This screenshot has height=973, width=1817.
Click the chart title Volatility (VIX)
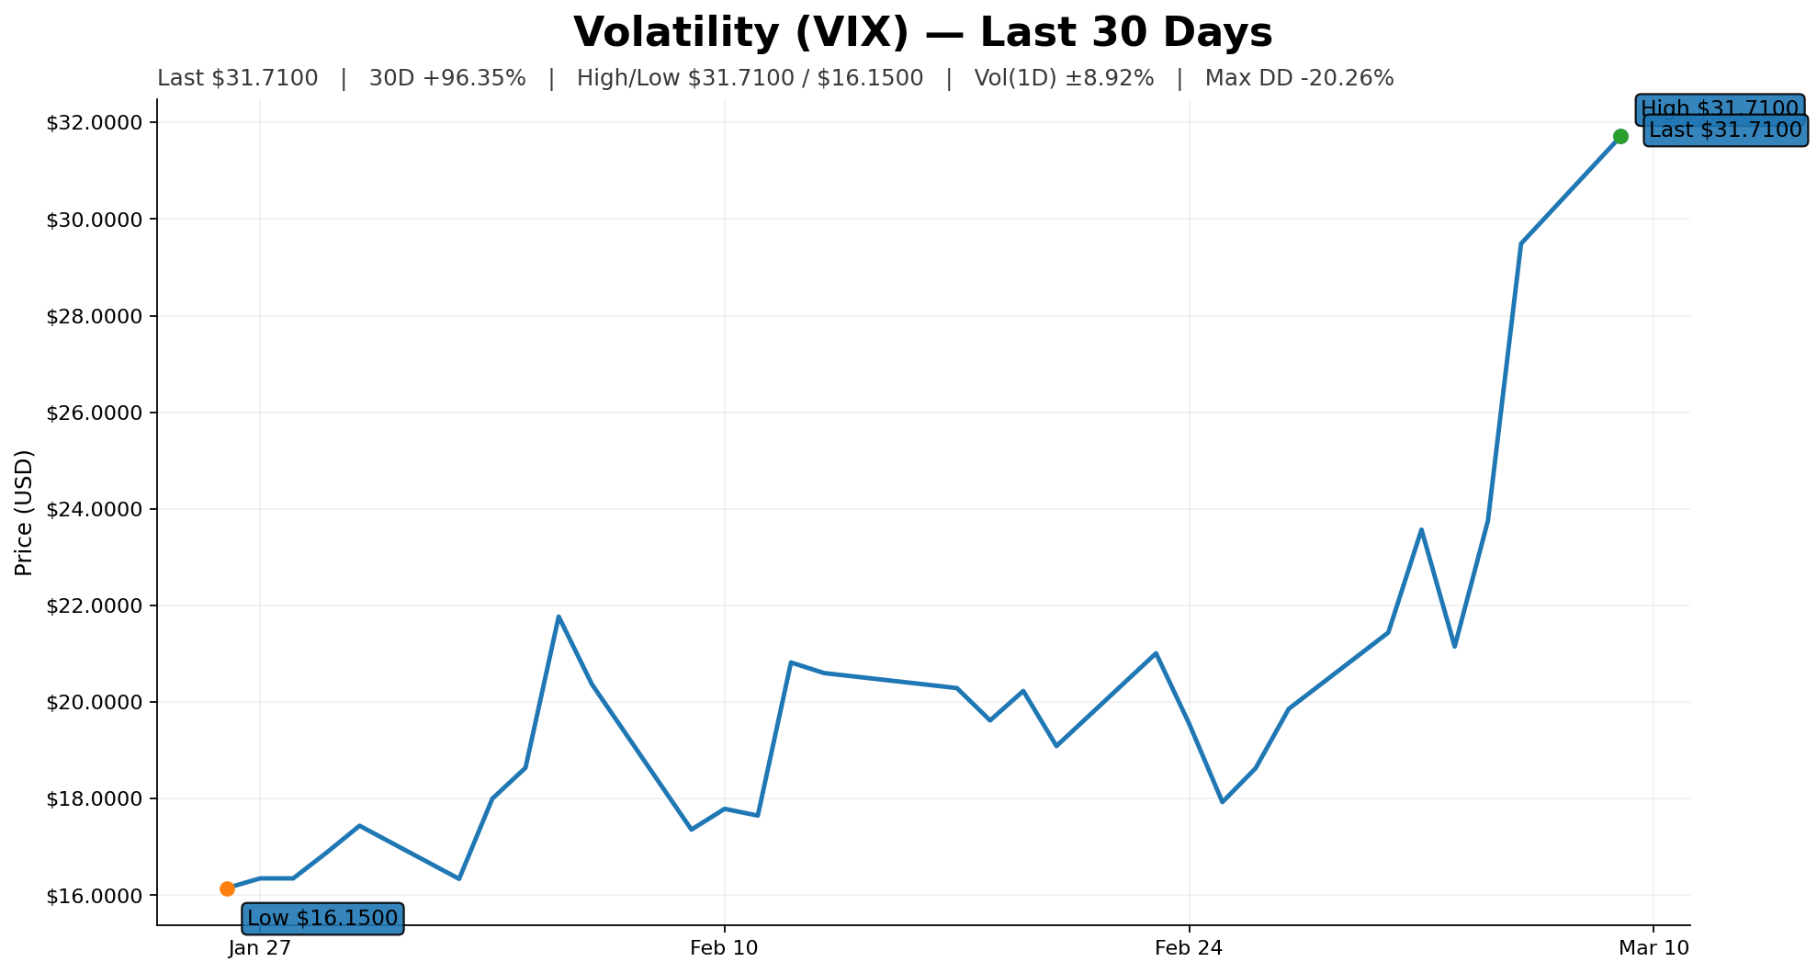(x=922, y=33)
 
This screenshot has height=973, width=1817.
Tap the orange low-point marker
(x=227, y=888)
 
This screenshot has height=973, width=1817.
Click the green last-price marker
(x=1620, y=136)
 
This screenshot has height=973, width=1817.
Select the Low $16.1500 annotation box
(x=322, y=918)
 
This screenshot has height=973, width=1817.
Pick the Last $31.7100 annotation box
(x=1725, y=130)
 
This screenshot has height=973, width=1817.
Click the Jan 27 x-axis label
(x=260, y=948)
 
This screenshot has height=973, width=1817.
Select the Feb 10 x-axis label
(x=725, y=948)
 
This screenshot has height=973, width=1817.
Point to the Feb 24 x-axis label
(x=1190, y=948)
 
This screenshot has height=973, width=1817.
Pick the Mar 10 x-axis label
(x=1653, y=948)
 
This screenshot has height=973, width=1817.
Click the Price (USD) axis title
(x=25, y=513)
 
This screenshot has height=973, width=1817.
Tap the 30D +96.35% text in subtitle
(x=447, y=79)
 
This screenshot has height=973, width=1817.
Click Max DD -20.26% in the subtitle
(x=1299, y=79)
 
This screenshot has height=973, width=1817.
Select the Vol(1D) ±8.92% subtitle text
(x=1064, y=79)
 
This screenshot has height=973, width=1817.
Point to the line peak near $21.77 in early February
(x=559, y=617)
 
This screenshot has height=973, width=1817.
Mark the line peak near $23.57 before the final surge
(x=1421, y=529)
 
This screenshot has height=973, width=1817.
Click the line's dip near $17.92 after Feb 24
(x=1222, y=802)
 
